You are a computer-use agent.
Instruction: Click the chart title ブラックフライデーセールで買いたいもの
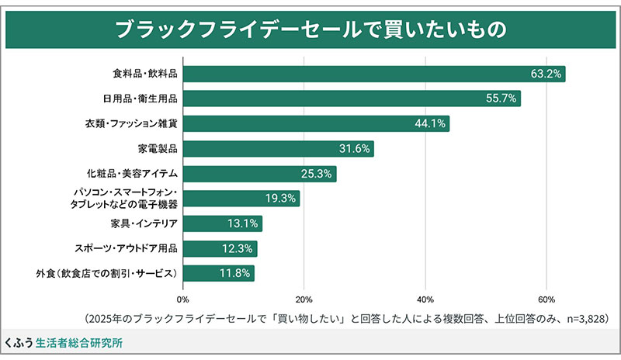[310, 29]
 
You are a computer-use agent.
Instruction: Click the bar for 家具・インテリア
[222, 224]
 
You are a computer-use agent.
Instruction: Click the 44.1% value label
[431, 124]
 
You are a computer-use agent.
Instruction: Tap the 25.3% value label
[317, 174]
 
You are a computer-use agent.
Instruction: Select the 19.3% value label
[281, 199]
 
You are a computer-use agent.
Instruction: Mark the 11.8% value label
[235, 273]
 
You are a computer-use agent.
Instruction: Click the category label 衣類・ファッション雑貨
[132, 124]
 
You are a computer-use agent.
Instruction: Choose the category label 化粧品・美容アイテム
[133, 174]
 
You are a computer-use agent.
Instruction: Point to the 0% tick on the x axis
[183, 299]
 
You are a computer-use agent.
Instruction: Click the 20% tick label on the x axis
[304, 299]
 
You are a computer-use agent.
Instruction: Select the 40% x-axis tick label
[425, 299]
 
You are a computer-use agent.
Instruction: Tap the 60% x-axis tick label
[546, 299]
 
